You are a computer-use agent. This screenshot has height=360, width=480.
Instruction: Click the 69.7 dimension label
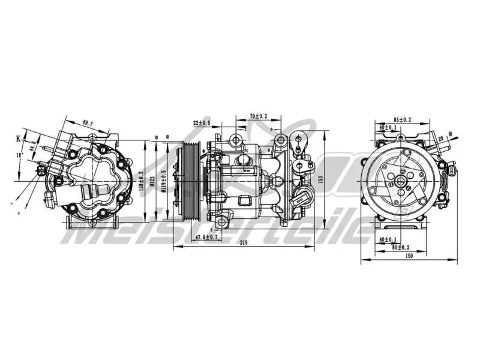[x=88, y=123]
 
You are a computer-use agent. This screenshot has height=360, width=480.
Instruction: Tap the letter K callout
[x=18, y=138]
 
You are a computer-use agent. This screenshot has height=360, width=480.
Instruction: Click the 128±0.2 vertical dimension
[x=142, y=181]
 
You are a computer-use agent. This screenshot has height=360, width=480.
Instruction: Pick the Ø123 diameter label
[x=153, y=181]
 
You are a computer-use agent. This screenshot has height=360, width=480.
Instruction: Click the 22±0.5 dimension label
[x=202, y=123]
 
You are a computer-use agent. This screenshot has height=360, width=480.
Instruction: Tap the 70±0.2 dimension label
[x=259, y=115]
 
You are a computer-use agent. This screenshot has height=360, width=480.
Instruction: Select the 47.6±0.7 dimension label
[x=207, y=238]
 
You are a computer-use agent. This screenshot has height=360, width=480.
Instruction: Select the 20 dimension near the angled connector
[x=441, y=139]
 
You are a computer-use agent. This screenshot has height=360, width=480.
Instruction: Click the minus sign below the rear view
[x=11, y=204]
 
